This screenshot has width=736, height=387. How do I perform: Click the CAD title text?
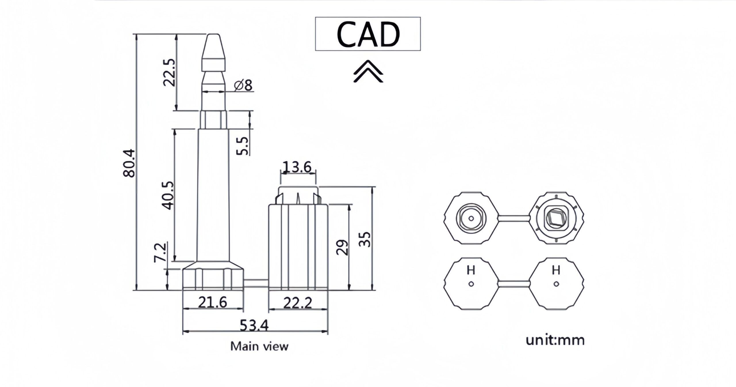click(x=368, y=34)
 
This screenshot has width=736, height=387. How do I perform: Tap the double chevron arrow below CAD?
click(x=368, y=71)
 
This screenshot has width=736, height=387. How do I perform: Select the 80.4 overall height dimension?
click(x=129, y=163)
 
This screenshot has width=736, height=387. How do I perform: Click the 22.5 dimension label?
click(x=169, y=73)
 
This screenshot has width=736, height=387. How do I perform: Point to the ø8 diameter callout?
click(x=243, y=85)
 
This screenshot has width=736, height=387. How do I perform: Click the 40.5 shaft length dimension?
click(x=168, y=195)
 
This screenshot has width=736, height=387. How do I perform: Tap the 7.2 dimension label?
click(x=160, y=252)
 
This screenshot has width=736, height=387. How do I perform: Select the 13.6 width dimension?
click(x=297, y=167)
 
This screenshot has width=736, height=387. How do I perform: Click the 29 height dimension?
click(x=342, y=247)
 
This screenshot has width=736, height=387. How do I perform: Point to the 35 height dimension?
click(x=365, y=239)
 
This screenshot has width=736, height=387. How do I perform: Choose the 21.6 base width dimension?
click(x=213, y=302)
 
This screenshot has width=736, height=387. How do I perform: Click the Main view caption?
click(x=259, y=346)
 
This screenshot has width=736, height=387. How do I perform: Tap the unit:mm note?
click(x=555, y=340)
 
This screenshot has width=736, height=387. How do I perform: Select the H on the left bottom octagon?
click(x=471, y=270)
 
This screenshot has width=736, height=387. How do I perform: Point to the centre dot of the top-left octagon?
click(x=471, y=218)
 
